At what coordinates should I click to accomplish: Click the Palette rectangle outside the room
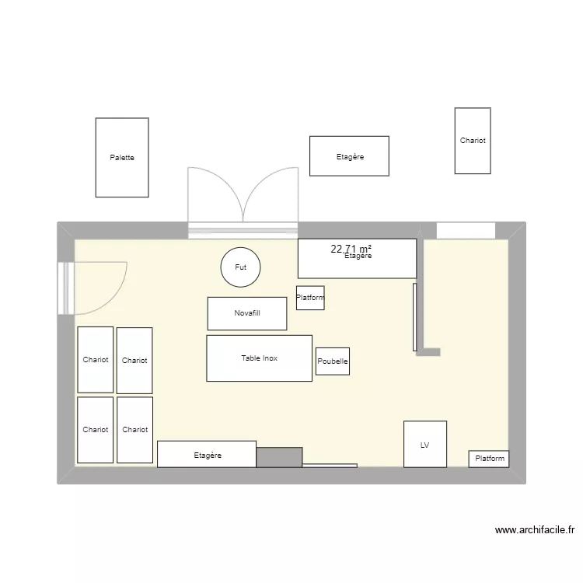coord(122,157)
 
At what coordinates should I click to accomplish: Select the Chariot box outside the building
coord(473,141)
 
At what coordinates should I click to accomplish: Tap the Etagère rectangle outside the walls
coord(349,156)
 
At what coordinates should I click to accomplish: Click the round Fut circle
coord(240,267)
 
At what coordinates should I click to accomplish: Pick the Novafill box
coord(247,313)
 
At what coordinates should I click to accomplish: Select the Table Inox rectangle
coord(259,358)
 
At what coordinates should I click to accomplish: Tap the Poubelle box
coord(333,361)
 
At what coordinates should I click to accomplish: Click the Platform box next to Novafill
coord(310,298)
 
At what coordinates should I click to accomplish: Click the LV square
coord(425,444)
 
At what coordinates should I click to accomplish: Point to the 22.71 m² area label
coord(351,249)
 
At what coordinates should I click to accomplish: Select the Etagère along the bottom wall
coord(207,454)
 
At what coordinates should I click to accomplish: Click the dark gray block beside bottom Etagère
coord(279,457)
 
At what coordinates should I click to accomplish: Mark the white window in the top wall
coord(466,230)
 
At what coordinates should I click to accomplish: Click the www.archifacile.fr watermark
coord(535,531)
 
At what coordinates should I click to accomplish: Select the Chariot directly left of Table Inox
coord(134,361)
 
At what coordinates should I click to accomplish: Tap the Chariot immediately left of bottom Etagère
coord(134,430)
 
